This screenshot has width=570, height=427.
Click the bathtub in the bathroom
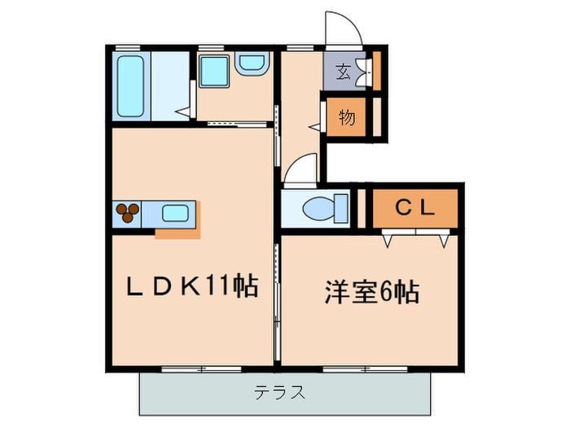click(131, 87)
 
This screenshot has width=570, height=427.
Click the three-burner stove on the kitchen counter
click(129, 214)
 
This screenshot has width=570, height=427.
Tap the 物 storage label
click(347, 118)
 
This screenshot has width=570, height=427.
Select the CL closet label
click(415, 208)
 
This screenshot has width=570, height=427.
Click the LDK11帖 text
click(192, 285)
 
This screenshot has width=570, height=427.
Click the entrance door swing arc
click(343, 29)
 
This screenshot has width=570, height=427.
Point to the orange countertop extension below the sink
click(178, 234)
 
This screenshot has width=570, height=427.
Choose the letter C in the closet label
click(402, 208)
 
